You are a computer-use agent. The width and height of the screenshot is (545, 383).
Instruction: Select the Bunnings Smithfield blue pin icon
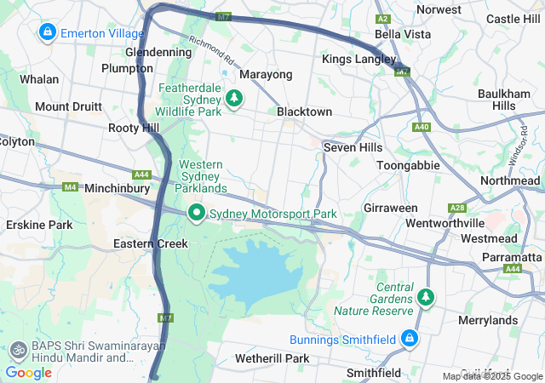pos(410,339)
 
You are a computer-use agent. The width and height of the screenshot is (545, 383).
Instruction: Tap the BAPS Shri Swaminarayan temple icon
pos(17,350)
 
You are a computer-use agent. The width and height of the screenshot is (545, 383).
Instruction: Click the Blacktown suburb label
pos(304,111)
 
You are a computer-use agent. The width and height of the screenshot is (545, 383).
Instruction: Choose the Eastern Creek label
pos(150,243)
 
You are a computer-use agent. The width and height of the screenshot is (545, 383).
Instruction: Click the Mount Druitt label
pos(68,107)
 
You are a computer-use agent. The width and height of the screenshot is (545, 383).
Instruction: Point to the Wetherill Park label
pos(272,358)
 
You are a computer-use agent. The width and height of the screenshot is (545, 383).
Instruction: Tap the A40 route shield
pos(421,127)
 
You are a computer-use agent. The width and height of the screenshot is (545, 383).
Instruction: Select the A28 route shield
pos(458,208)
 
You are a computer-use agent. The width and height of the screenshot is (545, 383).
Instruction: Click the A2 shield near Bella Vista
pos(383,18)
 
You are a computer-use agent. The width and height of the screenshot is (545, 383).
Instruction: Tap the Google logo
pos(28,372)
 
